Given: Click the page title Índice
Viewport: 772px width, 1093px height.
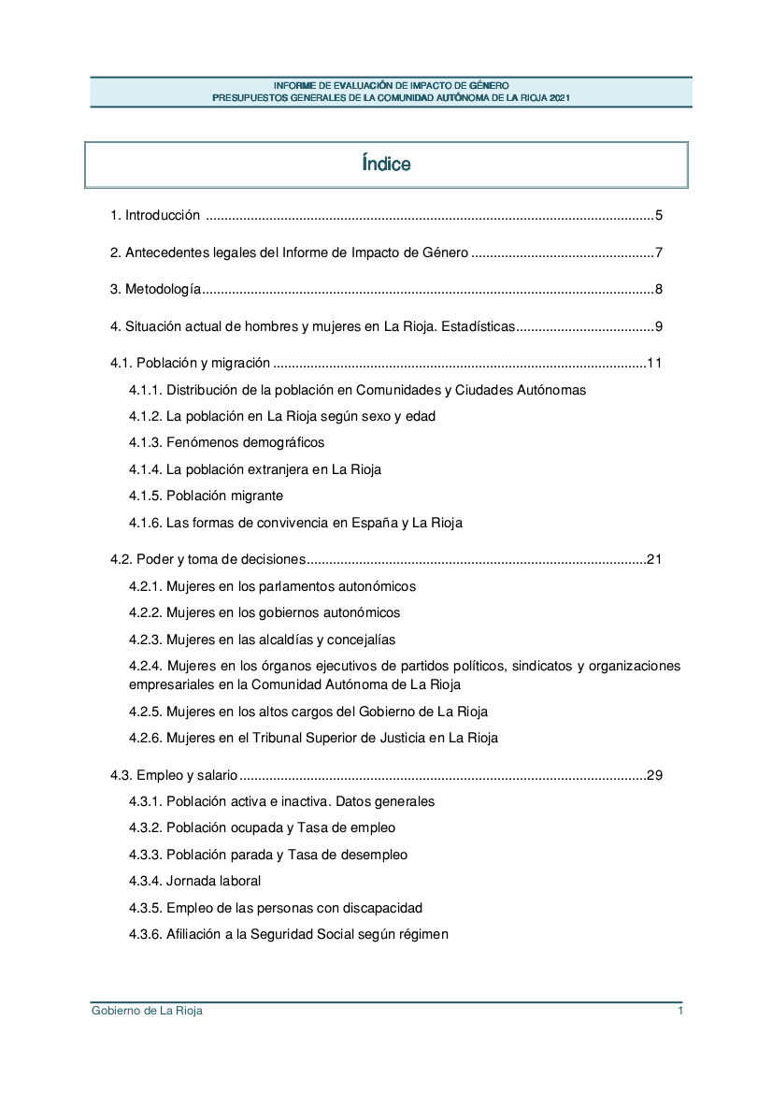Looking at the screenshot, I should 386,165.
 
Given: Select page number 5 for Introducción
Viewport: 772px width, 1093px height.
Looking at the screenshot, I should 659,216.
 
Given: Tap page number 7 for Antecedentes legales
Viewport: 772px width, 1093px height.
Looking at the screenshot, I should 659,252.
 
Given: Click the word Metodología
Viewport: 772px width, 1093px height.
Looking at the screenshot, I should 163,290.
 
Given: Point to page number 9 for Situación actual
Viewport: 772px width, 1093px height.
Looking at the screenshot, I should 659,327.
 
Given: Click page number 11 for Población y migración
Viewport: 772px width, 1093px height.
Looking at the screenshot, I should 654,363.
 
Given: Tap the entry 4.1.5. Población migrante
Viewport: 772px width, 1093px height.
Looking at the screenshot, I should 206,496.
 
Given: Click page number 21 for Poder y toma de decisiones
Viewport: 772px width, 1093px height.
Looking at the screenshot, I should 654,560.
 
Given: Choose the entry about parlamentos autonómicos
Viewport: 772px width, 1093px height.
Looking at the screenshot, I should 272,586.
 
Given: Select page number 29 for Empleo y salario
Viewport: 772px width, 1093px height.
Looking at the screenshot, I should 654,775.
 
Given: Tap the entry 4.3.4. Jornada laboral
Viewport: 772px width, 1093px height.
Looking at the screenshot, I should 194,881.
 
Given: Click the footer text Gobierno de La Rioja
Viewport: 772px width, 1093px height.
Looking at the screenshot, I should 147,1011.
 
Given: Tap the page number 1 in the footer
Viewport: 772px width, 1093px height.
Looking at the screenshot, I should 681,1011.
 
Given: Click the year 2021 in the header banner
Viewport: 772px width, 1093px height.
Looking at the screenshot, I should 560,97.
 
